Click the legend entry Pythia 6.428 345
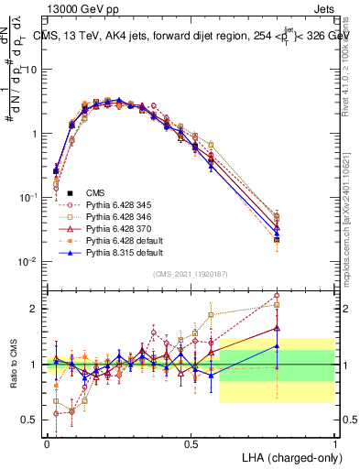coord(101,205)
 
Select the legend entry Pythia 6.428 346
coord(101,216)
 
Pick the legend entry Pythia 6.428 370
coord(101,227)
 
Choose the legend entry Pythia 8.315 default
coord(104,249)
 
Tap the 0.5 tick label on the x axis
coord(191,443)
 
